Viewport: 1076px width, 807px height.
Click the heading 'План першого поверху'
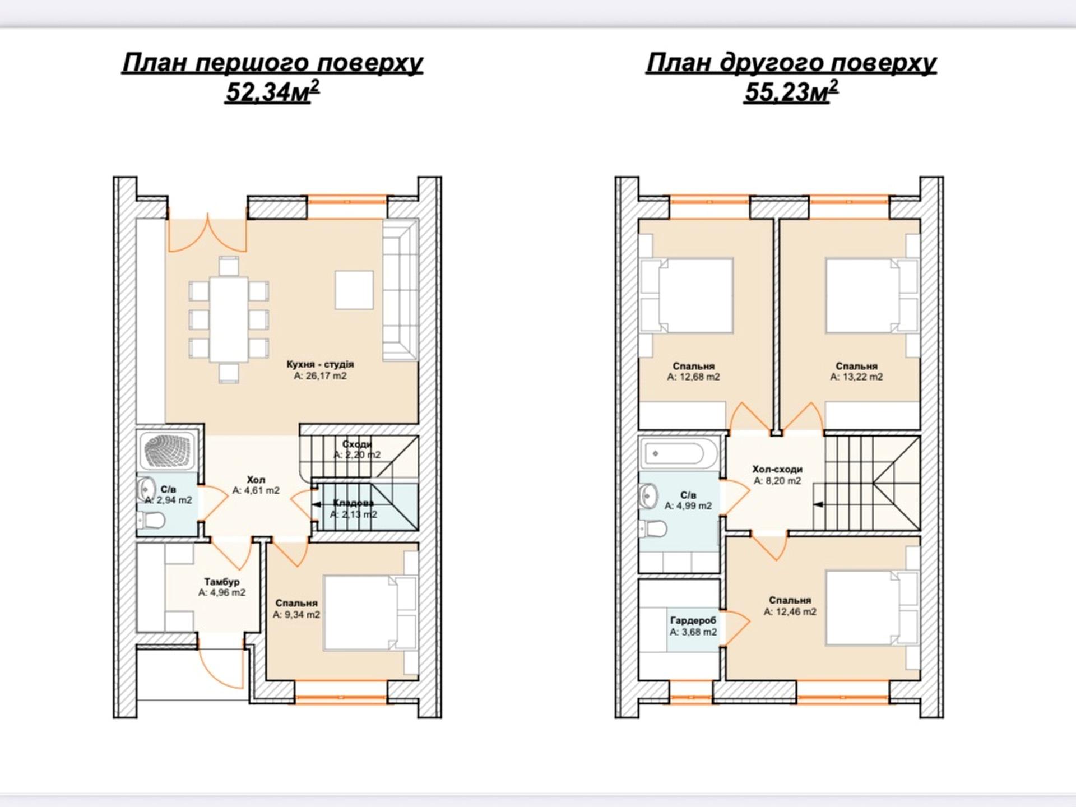click(x=272, y=63)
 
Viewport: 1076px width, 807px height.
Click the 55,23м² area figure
click(x=791, y=91)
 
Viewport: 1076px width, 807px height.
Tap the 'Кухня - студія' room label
click(x=320, y=364)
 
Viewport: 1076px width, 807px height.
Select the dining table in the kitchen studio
click(x=229, y=320)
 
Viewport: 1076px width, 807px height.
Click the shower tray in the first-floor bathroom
click(x=167, y=449)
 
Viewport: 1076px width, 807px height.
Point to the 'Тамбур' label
click(x=221, y=582)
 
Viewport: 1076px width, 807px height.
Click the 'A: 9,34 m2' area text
click(x=296, y=615)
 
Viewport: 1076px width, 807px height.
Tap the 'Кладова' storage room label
click(x=353, y=503)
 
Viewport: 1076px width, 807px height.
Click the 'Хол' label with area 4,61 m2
click(x=256, y=480)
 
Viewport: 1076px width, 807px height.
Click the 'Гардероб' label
click(x=693, y=620)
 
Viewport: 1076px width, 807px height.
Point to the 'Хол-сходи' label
click(x=777, y=469)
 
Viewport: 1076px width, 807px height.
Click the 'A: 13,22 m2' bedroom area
click(x=856, y=377)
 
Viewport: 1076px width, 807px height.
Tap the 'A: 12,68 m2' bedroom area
click(x=693, y=377)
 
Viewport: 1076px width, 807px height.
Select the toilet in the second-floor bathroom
click(x=653, y=528)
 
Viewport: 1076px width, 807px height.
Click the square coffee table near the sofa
click(x=354, y=290)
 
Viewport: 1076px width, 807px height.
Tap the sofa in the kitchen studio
click(x=400, y=290)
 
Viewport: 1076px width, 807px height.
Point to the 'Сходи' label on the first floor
click(x=357, y=444)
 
